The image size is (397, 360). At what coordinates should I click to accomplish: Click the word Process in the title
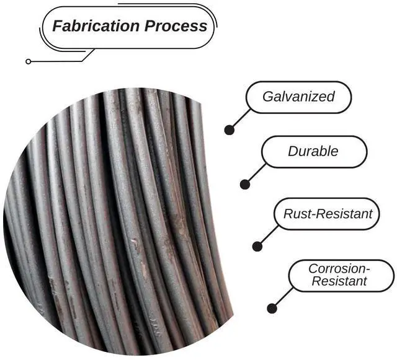(176, 26)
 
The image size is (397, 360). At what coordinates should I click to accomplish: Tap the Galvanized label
(298, 97)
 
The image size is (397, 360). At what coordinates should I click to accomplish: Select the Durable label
(314, 151)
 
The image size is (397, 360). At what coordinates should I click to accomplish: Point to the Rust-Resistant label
(328, 214)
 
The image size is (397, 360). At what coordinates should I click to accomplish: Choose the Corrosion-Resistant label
(340, 275)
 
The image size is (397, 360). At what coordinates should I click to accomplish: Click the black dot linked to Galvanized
(230, 130)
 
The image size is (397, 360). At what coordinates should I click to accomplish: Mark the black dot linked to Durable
(245, 184)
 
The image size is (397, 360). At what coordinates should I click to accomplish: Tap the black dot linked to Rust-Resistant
(257, 246)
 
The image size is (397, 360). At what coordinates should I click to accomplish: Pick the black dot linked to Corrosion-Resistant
(272, 308)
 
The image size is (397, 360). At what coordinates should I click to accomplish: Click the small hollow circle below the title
(28, 61)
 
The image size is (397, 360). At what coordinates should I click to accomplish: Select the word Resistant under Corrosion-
(339, 282)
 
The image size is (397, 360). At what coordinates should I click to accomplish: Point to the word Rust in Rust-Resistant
(295, 214)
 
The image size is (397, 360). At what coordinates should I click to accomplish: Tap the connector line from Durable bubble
(256, 174)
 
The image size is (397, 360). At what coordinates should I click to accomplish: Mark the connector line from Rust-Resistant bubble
(268, 235)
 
